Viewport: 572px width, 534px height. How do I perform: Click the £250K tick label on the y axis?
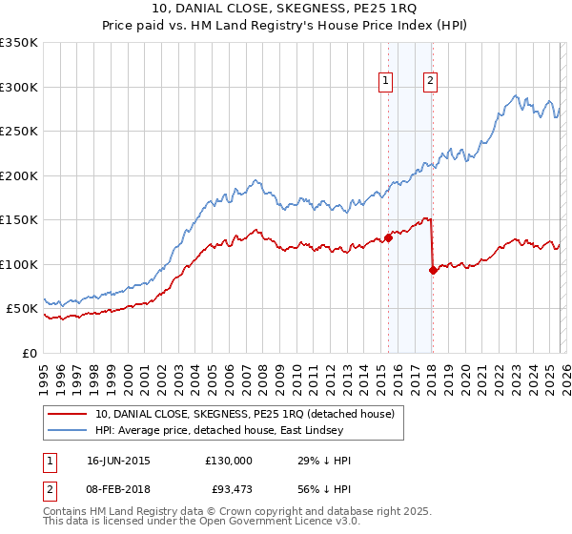19,132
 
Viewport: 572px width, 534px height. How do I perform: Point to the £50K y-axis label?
22,309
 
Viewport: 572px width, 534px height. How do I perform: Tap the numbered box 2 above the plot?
431,82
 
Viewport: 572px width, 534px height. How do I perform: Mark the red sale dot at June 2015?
388,238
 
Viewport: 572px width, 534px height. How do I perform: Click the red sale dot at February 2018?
433,271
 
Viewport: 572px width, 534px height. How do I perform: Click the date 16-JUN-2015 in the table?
118,461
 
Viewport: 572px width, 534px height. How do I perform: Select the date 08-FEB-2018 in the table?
118,489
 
